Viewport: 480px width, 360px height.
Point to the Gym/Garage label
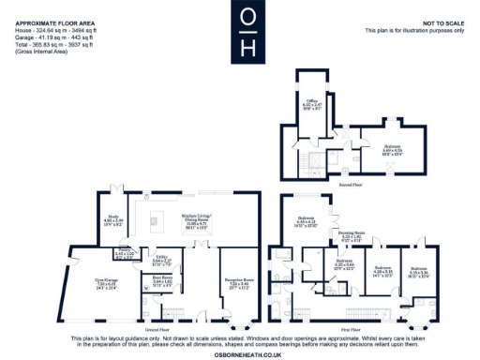[104, 281]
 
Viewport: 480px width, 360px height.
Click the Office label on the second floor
[312, 100]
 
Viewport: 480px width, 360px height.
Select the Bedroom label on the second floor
[392, 147]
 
